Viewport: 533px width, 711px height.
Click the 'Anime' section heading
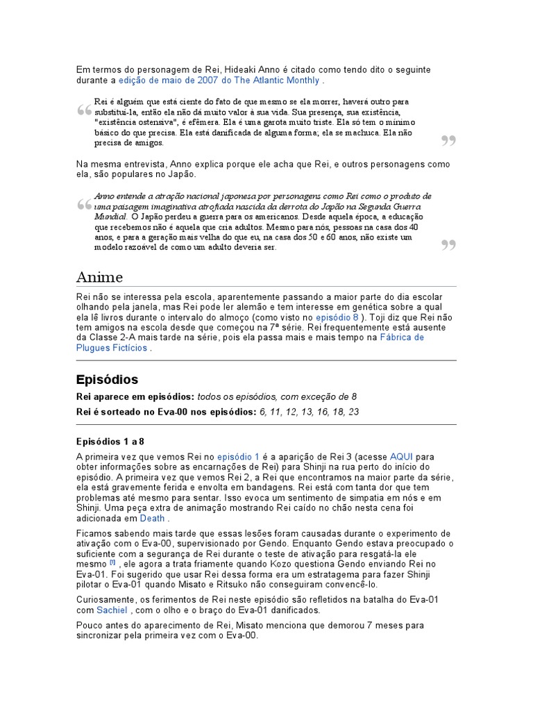click(x=99, y=277)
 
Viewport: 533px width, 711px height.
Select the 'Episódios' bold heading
click(x=107, y=380)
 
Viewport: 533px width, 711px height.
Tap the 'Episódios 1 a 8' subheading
click(x=110, y=441)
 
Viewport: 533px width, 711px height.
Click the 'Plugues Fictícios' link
click(x=111, y=348)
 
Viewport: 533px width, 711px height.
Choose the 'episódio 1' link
click(x=238, y=457)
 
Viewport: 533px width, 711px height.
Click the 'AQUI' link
click(x=401, y=457)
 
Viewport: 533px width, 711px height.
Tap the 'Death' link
click(x=152, y=518)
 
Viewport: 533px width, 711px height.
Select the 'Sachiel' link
click(x=112, y=610)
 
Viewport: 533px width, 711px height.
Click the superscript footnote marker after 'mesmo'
click(x=112, y=563)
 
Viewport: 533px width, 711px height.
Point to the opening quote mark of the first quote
click(x=84, y=111)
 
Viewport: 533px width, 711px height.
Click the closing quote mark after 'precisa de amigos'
click(x=448, y=142)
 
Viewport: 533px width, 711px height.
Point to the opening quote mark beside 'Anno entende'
click(x=84, y=206)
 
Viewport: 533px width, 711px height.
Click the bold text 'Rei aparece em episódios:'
click(x=135, y=396)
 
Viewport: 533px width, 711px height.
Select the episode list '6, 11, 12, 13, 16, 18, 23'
click(x=310, y=412)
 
